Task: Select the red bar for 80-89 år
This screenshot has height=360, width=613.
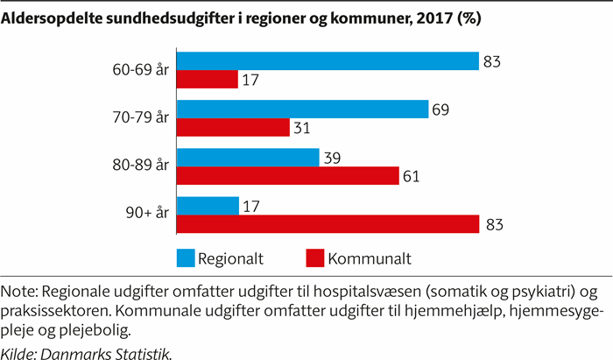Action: tap(287, 176)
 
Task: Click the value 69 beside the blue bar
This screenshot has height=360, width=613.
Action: tap(440, 109)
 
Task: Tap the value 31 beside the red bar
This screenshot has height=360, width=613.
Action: tap(302, 129)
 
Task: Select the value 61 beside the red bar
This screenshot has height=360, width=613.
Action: tap(411, 177)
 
